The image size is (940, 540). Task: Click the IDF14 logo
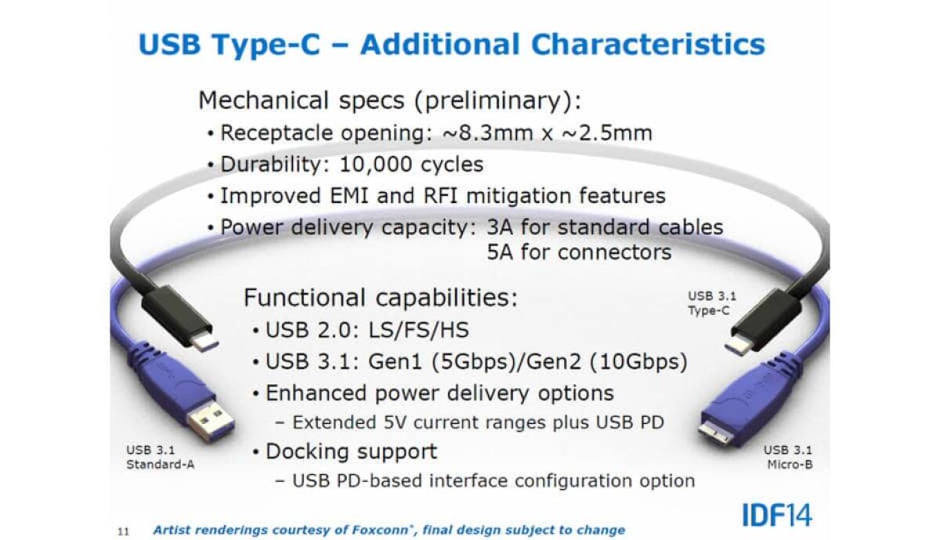point(775,515)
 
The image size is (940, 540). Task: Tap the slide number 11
point(122,531)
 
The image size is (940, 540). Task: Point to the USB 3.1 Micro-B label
point(787,457)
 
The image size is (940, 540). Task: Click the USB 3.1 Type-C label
point(711,303)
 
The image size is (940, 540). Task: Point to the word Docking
point(312,451)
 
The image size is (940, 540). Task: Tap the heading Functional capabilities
point(380,298)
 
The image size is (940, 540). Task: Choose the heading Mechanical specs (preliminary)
point(390,100)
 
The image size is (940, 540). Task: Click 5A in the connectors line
point(501,252)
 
